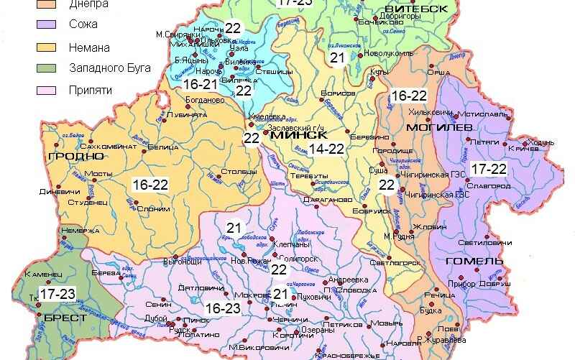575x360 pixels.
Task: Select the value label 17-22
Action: tap(489, 169)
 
